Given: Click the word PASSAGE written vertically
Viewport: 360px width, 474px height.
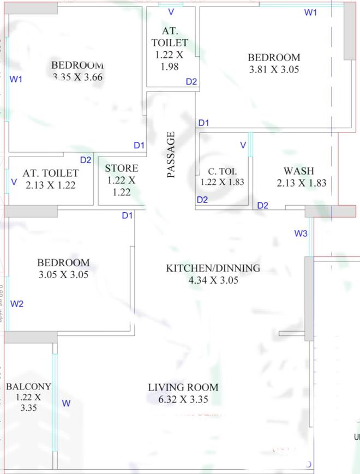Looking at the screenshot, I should point(171,155).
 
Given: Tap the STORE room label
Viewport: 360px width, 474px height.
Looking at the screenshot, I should point(121,168).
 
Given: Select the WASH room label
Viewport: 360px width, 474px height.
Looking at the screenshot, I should point(298,171).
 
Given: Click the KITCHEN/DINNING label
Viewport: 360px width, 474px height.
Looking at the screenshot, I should point(213,268).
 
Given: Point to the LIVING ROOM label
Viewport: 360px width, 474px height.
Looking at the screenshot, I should point(183,387).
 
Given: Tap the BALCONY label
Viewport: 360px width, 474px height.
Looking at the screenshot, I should point(28,387).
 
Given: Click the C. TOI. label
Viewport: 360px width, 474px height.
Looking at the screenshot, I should point(222,171).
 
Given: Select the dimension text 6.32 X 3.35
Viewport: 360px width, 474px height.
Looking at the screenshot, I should point(183,400).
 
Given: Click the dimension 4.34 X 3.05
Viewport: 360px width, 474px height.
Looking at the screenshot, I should point(213,280).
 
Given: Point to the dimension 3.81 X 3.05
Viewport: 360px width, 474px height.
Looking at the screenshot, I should point(274,70).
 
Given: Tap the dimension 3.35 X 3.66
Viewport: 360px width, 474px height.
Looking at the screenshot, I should point(78,77).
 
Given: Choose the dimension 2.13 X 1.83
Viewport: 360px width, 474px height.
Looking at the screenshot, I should point(301,183).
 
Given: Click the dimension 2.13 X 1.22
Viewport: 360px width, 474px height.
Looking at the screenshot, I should point(50,185).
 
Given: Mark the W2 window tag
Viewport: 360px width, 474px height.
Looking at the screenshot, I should point(17,303).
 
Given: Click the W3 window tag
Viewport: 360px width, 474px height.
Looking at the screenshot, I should point(301,233).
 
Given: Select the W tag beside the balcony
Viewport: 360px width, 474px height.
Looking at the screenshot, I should point(66,403).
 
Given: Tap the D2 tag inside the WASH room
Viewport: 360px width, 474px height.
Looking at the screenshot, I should point(263,205).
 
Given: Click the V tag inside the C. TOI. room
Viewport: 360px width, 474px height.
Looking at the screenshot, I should point(243,145).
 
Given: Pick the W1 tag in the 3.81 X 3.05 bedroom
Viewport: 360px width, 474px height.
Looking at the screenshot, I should point(310,12).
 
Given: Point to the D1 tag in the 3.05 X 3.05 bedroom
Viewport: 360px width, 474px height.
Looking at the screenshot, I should point(127,215).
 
